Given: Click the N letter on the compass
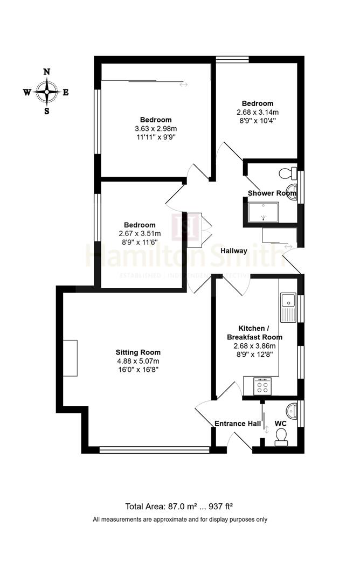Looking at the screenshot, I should click(47, 72).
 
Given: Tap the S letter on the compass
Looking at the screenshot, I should click(47, 112).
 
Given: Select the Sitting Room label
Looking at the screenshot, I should click(140, 352).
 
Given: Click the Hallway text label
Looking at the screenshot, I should click(234, 251).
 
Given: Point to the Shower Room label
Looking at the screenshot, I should click(272, 193).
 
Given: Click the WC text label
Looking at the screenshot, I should click(280, 424).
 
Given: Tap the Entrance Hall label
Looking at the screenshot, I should click(238, 424).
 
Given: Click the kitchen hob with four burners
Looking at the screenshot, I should click(263, 387).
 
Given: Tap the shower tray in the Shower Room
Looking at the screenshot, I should click(263, 212).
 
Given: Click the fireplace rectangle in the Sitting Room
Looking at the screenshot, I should click(70, 358).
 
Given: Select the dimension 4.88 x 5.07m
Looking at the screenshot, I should click(140, 361).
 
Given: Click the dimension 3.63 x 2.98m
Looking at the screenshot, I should click(156, 128).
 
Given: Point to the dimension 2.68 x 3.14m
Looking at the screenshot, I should click(257, 112).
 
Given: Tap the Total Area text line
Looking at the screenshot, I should click(179, 506).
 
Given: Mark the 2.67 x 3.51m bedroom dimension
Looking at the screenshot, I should click(140, 234).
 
